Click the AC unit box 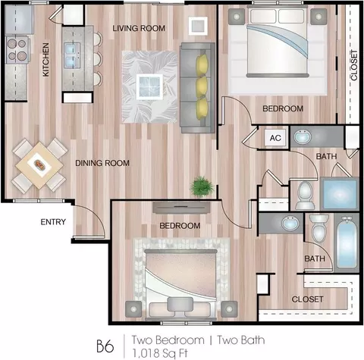click(x=275, y=138)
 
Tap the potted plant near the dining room click(x=202, y=186)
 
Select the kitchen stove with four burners click(x=17, y=50)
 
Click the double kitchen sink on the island click(x=72, y=55)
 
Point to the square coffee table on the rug click(x=149, y=86)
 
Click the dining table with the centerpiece click(x=39, y=165)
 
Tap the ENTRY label click(x=53, y=222)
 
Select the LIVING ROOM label click(x=139, y=28)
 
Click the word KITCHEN click(x=45, y=60)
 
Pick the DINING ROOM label click(x=102, y=163)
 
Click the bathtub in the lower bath click(x=347, y=243)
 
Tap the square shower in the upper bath click(x=340, y=193)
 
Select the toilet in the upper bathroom click(x=305, y=196)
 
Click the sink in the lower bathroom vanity click(x=290, y=223)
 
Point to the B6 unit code click(x=105, y=346)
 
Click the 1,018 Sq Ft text click(x=160, y=353)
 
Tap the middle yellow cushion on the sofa click(x=202, y=86)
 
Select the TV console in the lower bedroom click(x=181, y=208)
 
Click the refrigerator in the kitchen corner click(x=19, y=20)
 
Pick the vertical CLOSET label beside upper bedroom click(x=354, y=65)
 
